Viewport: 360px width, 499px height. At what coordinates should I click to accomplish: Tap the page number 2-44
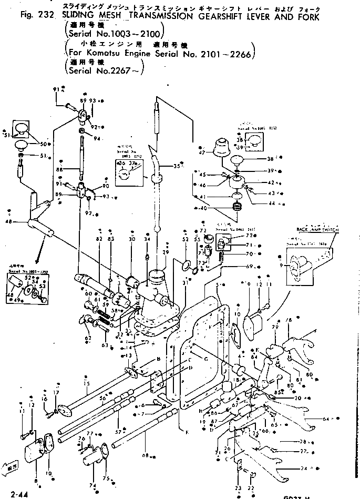pos(16,494)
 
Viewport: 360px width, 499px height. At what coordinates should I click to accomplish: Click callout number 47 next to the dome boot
pos(201,152)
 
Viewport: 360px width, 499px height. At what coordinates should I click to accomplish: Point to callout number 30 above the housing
pos(131,239)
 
